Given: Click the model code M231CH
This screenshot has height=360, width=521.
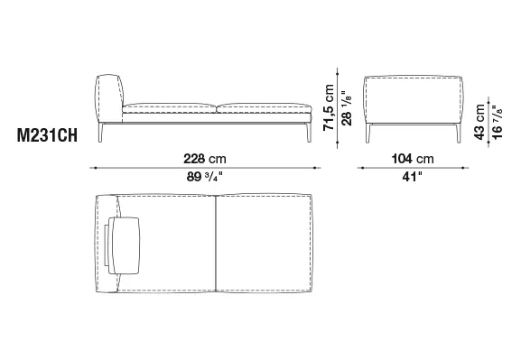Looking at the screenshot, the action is click(x=47, y=135).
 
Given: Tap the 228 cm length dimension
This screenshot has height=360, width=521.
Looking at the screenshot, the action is click(x=205, y=159).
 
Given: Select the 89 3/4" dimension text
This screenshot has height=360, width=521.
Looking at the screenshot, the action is click(x=204, y=177).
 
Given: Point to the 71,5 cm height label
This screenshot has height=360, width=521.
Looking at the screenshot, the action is click(x=329, y=107).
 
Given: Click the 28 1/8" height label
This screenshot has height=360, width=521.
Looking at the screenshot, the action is click(x=346, y=108).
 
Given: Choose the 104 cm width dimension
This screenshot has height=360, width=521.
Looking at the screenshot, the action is click(x=413, y=159).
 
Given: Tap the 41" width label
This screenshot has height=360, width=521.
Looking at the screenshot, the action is click(x=412, y=177).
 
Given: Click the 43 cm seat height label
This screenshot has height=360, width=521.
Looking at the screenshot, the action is click(x=479, y=122).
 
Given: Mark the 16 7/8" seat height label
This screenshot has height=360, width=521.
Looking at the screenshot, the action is click(x=498, y=123).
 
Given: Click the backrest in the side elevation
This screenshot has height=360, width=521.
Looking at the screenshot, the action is click(x=109, y=98).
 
